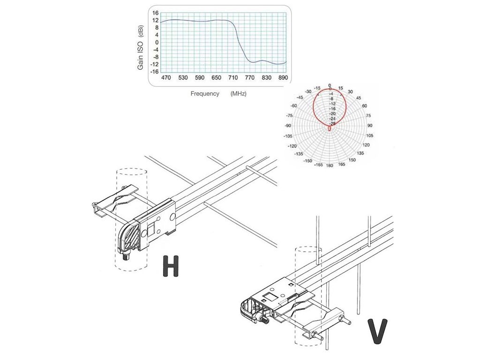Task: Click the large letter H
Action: (171, 265)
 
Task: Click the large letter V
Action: (377, 331)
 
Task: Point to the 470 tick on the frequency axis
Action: (166, 78)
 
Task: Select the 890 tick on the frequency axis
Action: (283, 78)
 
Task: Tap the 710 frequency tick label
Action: (233, 78)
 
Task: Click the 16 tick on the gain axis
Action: (156, 13)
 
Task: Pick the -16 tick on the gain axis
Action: (154, 72)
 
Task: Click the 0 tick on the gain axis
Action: (157, 42)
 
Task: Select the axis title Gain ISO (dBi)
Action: (140, 47)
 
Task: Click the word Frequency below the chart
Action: (205, 94)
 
